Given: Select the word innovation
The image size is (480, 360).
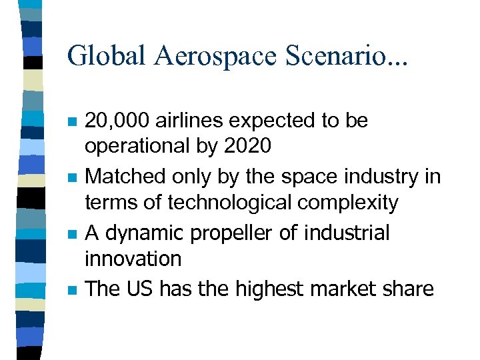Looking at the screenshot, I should (x=133, y=258).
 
